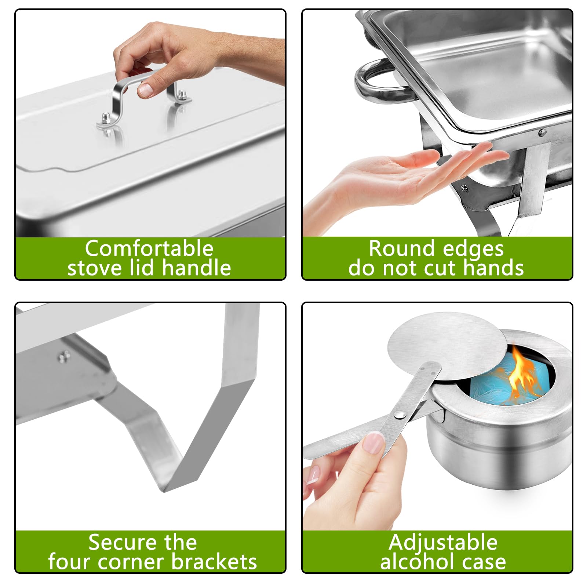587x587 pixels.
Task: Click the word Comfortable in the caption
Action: coord(149,249)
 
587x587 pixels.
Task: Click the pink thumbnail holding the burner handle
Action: coord(373,443)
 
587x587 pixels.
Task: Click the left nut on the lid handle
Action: coord(106,120)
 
